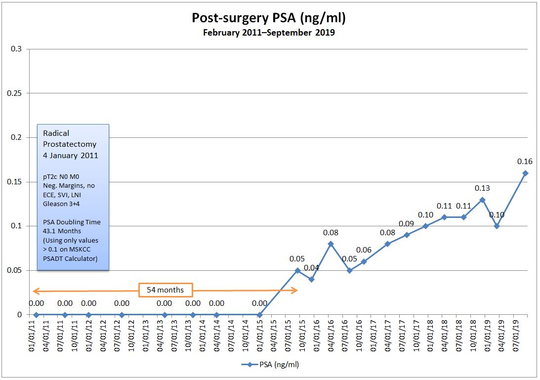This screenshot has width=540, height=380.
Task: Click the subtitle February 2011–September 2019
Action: click(269, 33)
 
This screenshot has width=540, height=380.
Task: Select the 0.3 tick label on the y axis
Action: click(17, 49)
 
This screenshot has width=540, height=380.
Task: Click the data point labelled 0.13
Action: click(482, 200)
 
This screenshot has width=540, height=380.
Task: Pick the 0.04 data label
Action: click(311, 268)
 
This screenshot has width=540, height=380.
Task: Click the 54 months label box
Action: click(166, 290)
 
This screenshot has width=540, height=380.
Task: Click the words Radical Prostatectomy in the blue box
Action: click(70, 138)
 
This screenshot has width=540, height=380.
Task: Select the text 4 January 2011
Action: click(70, 155)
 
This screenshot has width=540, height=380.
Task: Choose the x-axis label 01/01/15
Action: click(260, 337)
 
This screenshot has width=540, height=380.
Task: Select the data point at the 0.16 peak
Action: click(525, 173)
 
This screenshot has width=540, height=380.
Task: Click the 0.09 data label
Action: click(407, 224)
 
